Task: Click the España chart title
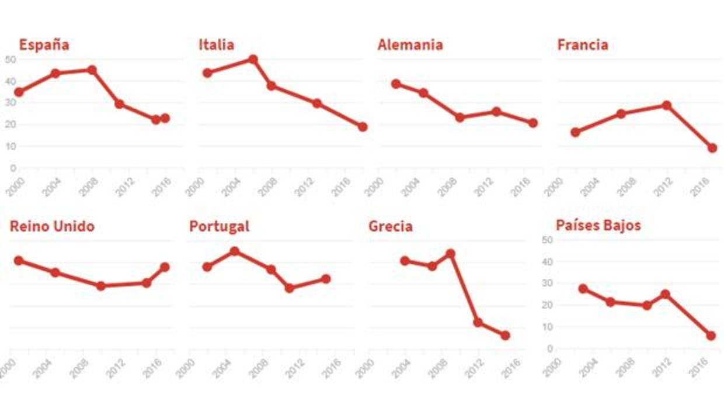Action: (x=44, y=45)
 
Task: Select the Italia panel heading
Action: (x=216, y=45)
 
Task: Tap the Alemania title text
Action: (x=410, y=45)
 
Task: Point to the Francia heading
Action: (x=582, y=45)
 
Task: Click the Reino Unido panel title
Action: (x=52, y=227)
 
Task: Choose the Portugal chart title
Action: (x=219, y=227)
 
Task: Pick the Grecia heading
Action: (x=390, y=227)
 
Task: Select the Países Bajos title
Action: (x=598, y=226)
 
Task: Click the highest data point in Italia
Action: (x=253, y=59)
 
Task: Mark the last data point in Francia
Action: (x=712, y=148)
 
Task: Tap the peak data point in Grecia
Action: (x=450, y=254)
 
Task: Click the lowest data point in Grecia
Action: (x=505, y=336)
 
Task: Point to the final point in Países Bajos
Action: (x=711, y=336)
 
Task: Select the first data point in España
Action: (x=19, y=92)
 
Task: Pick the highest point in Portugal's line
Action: (x=235, y=251)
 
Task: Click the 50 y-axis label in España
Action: (x=11, y=59)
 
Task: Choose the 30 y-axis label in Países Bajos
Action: (x=548, y=283)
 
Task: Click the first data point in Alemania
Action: (x=396, y=84)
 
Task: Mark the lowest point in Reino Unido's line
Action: (x=100, y=286)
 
